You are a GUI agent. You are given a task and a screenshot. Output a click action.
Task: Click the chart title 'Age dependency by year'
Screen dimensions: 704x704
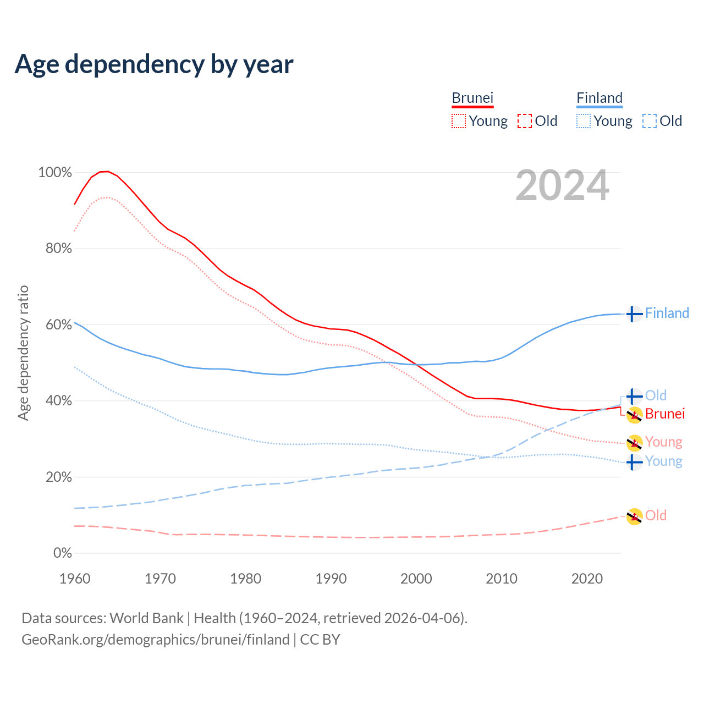pos(154,64)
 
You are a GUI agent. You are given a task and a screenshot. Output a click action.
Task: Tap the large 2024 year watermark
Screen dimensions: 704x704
pos(562,186)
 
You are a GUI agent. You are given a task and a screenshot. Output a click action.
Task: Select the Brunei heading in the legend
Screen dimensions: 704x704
pos(472,98)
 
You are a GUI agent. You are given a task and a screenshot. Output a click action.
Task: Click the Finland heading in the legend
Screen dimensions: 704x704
pos(599,98)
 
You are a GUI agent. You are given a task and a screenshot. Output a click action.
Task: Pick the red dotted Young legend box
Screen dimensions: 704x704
pos(459,121)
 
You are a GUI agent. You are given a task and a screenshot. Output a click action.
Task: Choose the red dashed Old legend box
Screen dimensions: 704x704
pos(525,121)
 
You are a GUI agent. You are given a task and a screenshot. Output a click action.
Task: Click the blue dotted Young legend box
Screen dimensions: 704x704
pos(584,121)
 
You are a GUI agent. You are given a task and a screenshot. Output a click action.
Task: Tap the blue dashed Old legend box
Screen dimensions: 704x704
pos(650,121)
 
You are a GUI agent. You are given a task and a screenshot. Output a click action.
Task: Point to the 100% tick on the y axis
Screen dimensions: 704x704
pos(55,173)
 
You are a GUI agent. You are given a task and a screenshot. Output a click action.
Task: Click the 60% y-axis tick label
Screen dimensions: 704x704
pos(58,324)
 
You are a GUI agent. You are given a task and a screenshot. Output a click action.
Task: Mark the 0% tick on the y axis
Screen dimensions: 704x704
pos(63,553)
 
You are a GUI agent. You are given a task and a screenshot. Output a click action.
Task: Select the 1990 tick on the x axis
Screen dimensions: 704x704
pos(331,579)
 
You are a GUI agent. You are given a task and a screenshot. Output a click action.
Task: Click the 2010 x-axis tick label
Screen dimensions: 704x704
pos(502,579)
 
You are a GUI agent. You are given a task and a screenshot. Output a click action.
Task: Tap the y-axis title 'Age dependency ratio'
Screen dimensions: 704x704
pos(23,353)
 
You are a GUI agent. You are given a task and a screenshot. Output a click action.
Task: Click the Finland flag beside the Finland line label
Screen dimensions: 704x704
pos(634,314)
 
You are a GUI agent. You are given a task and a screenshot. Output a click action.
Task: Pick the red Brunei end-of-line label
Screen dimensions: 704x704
pos(665,414)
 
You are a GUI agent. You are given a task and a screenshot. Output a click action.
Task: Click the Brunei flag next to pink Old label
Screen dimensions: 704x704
pos(634,516)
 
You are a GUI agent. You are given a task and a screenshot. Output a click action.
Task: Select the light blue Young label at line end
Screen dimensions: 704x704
pos(664,461)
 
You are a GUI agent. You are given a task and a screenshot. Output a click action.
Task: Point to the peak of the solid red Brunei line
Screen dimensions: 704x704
pos(105,172)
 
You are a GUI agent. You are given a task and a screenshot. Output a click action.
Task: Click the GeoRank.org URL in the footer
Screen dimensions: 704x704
pos(155,640)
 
